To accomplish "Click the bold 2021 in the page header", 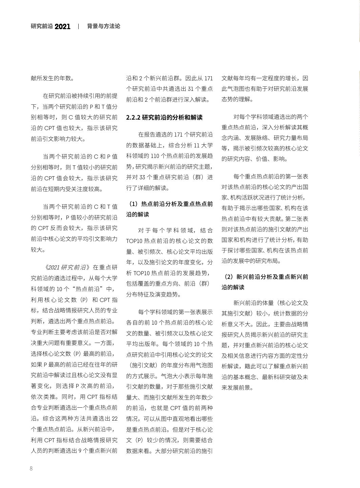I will coord(62,26).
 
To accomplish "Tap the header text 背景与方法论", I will coord(104,26).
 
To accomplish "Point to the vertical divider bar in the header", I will coord(79,26).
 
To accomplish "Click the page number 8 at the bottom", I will coord(31,469).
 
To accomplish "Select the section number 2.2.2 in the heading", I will coord(133,118).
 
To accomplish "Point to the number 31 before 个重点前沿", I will coord(191,89).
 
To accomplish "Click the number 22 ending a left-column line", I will coord(115,419).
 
